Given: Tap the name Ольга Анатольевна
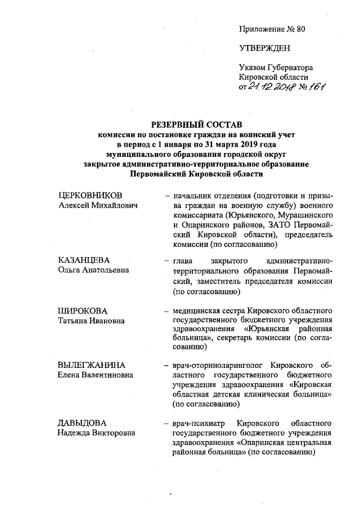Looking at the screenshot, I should point(93,270).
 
